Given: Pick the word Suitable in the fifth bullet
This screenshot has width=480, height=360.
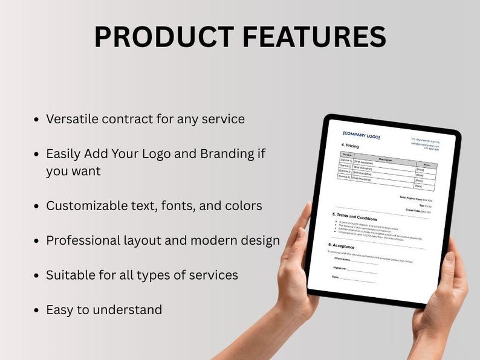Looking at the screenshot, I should point(69,275).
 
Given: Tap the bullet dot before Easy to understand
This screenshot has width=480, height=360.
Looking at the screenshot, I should point(37,310).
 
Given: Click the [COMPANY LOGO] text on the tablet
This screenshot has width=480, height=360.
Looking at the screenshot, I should point(361,136).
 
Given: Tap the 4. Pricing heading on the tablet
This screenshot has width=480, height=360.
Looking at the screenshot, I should point(351,146).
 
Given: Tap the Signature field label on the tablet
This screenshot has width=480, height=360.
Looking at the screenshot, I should point(339,267).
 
